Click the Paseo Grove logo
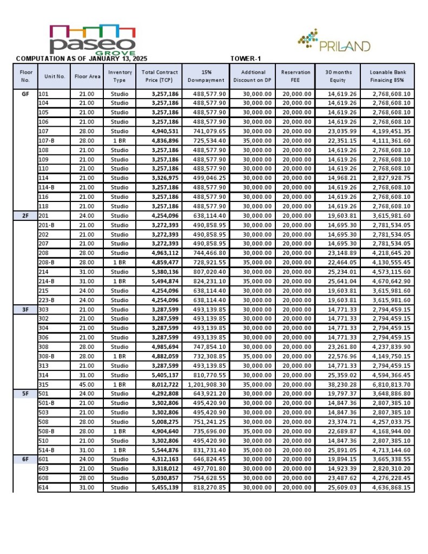[x=93, y=40]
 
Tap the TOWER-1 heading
[x=246, y=58]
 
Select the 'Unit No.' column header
[x=54, y=76]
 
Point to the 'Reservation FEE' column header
[x=295, y=76]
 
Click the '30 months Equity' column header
[x=338, y=76]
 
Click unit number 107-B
[x=47, y=141]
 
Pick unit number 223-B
[x=47, y=300]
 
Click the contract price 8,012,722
[x=161, y=384]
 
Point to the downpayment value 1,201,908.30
[x=207, y=384]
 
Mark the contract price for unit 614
[x=161, y=487]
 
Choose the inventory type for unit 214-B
[x=120, y=281]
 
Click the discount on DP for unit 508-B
[x=253, y=431]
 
